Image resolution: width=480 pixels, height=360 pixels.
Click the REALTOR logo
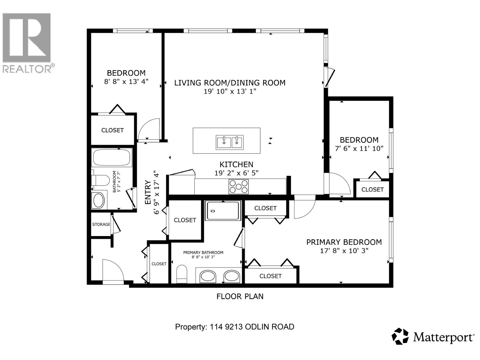coord(28,42)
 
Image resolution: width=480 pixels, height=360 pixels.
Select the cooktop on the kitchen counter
coord(238,187)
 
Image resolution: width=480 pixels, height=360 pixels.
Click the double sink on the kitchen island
coord(230,142)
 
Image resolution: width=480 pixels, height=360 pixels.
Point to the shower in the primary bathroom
coord(223,211)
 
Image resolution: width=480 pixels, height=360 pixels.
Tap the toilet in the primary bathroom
coord(182,274)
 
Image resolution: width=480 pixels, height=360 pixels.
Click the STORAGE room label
coord(101,224)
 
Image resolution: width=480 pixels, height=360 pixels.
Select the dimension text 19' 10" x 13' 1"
coord(230,91)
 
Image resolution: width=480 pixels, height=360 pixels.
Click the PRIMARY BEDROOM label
coord(344,242)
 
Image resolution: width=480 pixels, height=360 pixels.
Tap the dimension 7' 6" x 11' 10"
coord(359,148)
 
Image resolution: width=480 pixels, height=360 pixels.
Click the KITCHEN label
coord(236,164)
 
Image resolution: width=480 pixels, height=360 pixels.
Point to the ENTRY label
coord(148,192)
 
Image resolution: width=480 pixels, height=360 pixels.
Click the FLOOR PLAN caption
coord(240,296)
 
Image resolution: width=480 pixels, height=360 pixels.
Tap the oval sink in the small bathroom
coord(98,200)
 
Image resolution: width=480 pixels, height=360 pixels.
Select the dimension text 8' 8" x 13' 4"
coord(126,82)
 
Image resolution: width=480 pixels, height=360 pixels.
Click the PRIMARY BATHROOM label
coord(203,253)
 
